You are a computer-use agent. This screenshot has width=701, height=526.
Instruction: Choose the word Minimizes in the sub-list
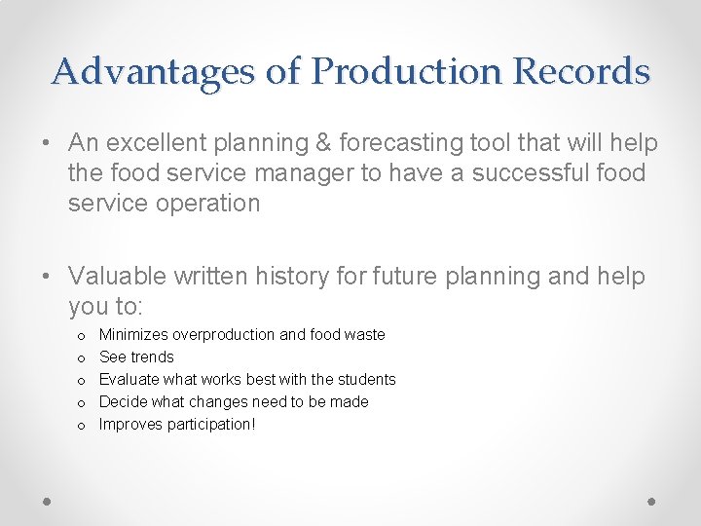133,335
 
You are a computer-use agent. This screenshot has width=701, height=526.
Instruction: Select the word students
366,380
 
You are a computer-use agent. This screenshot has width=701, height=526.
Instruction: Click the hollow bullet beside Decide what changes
80,402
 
